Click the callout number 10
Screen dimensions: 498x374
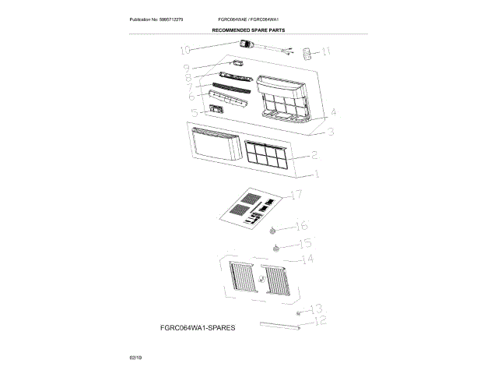click(185, 50)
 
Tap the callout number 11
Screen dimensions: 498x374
click(326, 52)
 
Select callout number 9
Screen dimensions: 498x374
click(187, 69)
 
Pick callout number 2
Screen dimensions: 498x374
click(313, 156)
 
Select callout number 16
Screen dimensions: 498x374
click(301, 226)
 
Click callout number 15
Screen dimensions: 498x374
click(305, 244)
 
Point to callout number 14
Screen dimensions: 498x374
click(307, 259)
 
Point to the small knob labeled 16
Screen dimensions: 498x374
click(273, 230)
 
